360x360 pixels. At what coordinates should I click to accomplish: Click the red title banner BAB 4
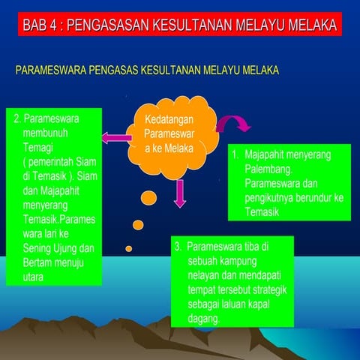point(179,25)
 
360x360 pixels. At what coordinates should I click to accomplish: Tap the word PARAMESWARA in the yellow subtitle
point(48,70)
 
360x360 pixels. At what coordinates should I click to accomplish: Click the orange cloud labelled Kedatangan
point(168,134)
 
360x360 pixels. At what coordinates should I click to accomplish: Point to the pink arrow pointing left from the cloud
point(115,137)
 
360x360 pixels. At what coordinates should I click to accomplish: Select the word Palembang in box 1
point(268,169)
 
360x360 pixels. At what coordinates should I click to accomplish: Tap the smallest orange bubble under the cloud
point(129,248)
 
